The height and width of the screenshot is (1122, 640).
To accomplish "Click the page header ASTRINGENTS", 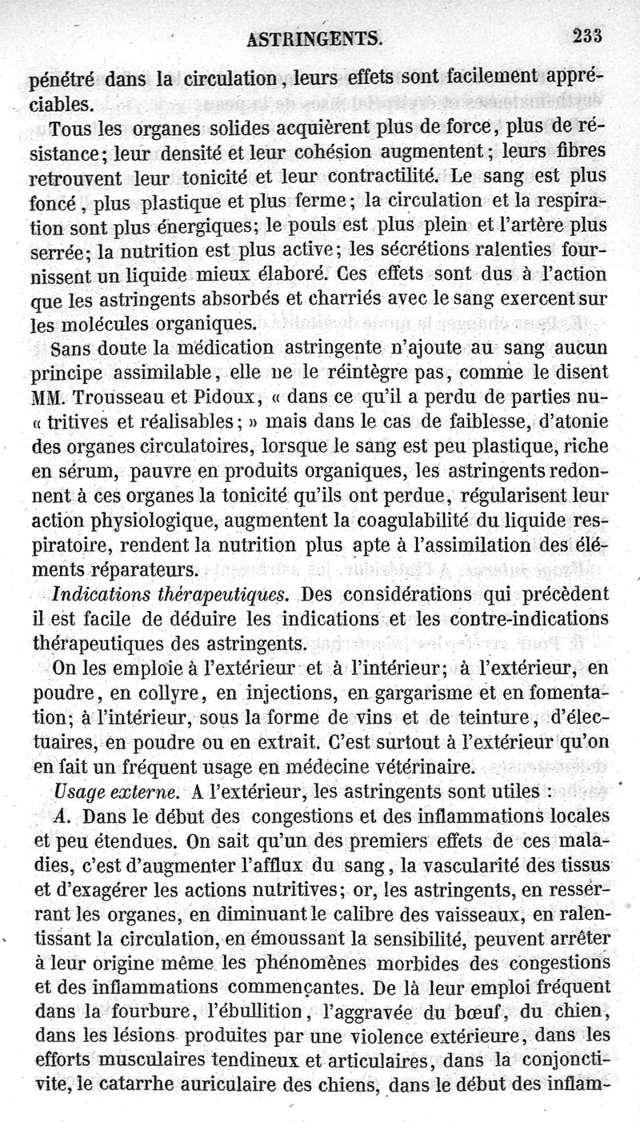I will point(314,37).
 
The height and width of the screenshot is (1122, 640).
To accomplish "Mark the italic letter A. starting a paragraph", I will point(66,817).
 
